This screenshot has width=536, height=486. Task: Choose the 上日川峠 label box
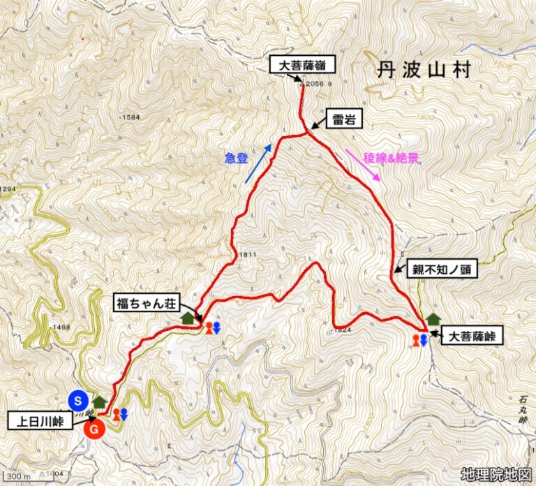tap(42, 422)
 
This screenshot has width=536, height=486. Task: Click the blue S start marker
tap(79, 400)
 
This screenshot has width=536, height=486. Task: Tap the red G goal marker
tap(94, 428)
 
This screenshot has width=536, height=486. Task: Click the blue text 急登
tap(237, 159)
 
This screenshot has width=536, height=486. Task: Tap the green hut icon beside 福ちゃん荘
tap(187, 318)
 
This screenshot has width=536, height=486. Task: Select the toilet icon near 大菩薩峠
tap(419, 340)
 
